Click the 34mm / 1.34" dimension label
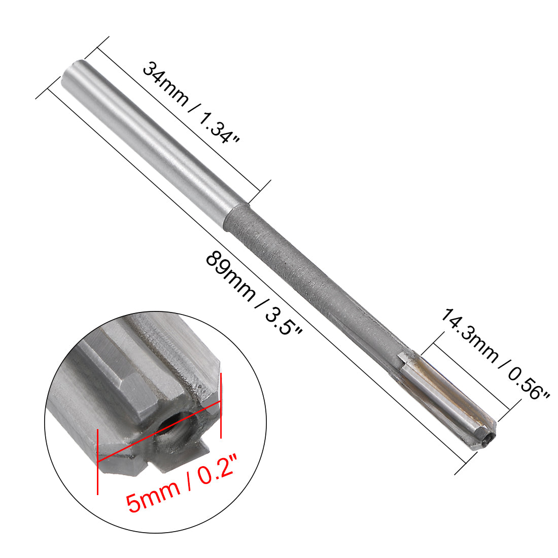[x=190, y=102]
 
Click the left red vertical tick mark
[x=97, y=462]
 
